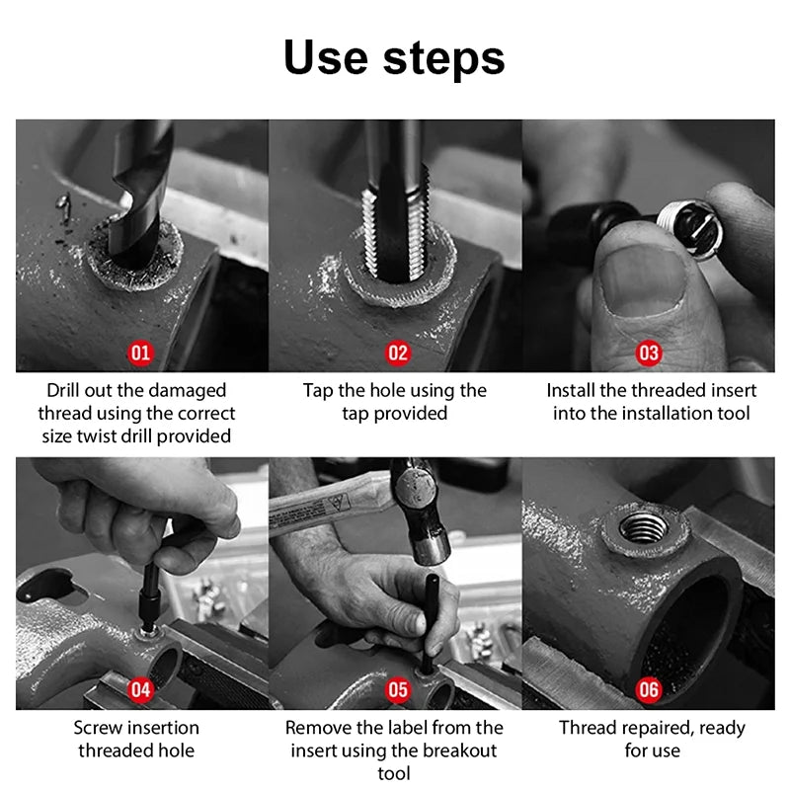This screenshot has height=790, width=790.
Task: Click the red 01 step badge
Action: click(140, 354)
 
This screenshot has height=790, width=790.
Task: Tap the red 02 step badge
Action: click(398, 354)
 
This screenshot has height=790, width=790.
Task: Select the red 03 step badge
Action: click(649, 354)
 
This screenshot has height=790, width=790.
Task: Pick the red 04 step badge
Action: click(140, 689)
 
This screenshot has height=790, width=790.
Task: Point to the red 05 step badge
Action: click(398, 689)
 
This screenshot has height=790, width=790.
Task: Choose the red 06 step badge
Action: click(649, 689)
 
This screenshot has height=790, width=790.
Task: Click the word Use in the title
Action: click(326, 57)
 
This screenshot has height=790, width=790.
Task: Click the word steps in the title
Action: click(443, 61)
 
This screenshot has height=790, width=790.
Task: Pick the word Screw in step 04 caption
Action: click(98, 728)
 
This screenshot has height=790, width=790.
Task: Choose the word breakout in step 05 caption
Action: click(459, 750)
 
